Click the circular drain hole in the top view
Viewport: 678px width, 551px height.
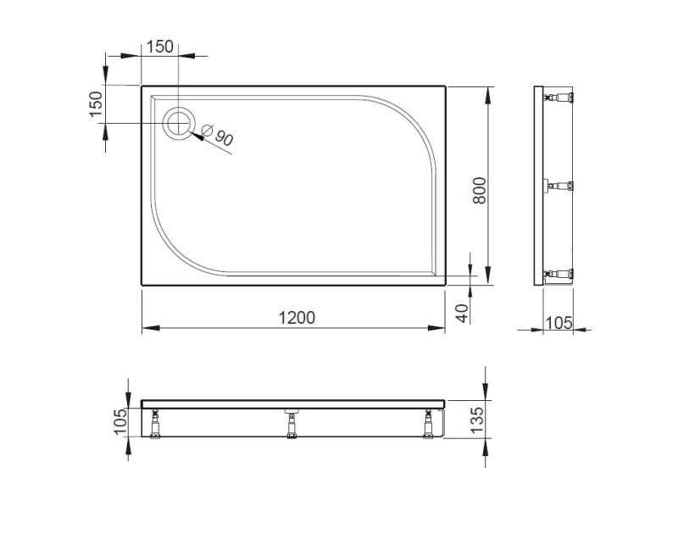pyautogui.click(x=179, y=124)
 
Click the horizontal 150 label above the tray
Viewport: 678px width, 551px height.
pyautogui.click(x=160, y=47)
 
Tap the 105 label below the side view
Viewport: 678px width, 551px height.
pyautogui.click(x=559, y=322)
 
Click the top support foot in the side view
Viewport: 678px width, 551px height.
pyautogui.click(x=561, y=97)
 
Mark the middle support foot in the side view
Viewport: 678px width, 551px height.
pyautogui.click(x=561, y=186)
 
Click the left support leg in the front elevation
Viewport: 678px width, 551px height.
pyautogui.click(x=156, y=424)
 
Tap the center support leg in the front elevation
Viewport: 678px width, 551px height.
pyautogui.click(x=291, y=423)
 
